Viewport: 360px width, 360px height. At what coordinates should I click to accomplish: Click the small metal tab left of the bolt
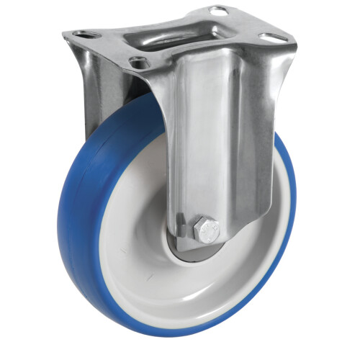tap(182, 232)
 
